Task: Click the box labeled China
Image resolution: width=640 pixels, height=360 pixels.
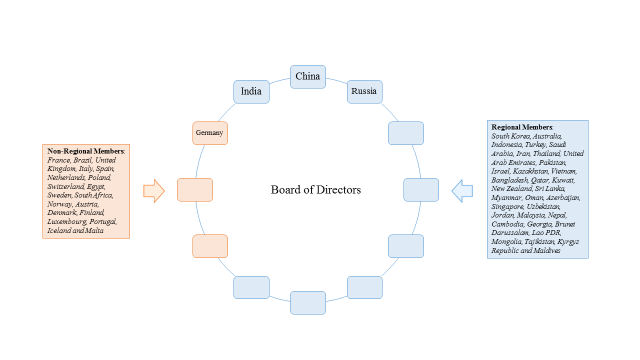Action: (x=307, y=77)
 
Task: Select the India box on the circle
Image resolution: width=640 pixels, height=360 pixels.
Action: (x=251, y=92)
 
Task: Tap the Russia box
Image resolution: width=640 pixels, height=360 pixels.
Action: (x=364, y=92)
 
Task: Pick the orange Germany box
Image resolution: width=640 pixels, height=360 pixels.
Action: (x=210, y=133)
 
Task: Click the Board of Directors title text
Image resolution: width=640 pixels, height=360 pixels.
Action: (x=315, y=190)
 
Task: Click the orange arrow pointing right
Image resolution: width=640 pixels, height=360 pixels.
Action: (x=153, y=190)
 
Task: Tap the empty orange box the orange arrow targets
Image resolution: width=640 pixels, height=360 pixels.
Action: (x=194, y=190)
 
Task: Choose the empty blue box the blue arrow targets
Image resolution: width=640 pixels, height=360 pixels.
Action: (x=420, y=190)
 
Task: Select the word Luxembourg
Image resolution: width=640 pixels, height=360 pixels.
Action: (x=67, y=222)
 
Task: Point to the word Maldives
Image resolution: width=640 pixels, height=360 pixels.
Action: (x=543, y=250)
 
